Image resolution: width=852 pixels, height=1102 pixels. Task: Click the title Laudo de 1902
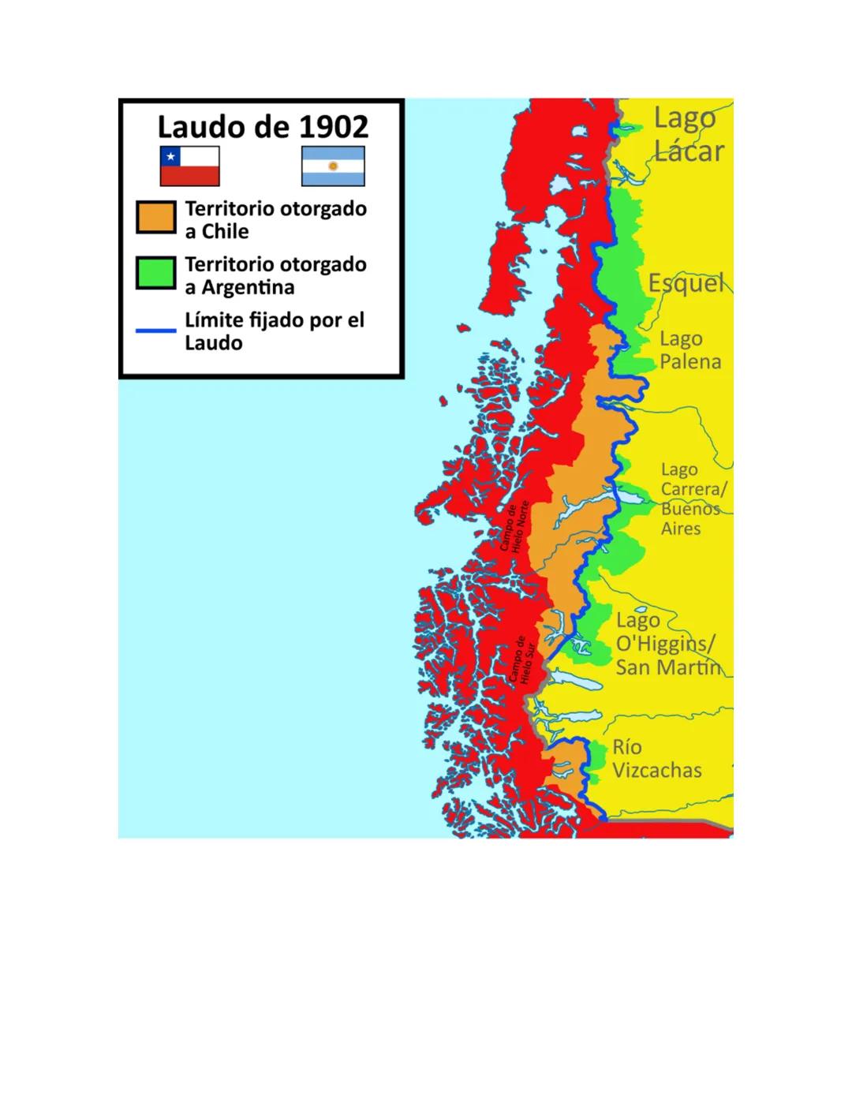262,127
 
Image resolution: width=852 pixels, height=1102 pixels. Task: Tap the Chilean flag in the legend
189,166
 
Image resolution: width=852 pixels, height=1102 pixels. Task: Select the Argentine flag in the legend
333,166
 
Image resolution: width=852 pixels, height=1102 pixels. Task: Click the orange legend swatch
155,218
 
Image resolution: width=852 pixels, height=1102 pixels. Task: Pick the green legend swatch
155,273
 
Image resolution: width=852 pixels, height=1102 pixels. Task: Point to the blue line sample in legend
155,331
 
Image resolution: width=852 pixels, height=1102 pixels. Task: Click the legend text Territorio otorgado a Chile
275,220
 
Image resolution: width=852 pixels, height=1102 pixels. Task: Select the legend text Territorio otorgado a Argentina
275,275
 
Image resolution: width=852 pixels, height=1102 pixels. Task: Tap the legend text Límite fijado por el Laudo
274,331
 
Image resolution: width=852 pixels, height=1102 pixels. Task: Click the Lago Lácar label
688,135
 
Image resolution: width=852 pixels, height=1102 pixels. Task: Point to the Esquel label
686,283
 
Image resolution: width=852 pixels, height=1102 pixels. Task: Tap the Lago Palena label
689,350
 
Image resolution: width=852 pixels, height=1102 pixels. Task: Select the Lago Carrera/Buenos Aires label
692,499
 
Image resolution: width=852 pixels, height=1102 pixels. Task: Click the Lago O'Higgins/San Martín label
667,644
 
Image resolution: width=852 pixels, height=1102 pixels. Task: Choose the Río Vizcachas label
656,759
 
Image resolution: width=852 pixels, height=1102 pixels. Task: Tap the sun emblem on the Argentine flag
333,166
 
